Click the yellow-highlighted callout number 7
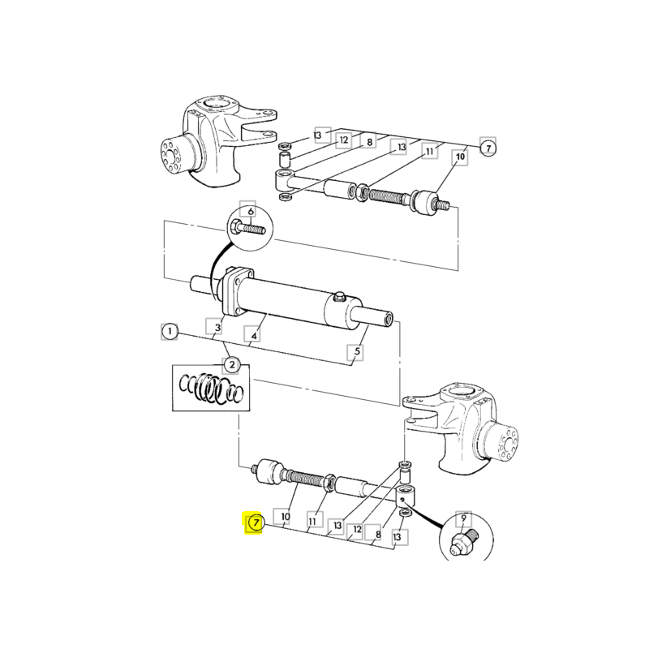tap(256, 522)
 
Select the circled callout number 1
tap(170, 332)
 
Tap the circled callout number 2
tap(232, 364)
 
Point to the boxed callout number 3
tap(217, 327)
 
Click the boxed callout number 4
tap(254, 335)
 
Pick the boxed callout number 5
tap(357, 352)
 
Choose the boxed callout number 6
tap(250, 211)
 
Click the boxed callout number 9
tap(463, 518)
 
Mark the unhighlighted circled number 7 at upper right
tap(488, 148)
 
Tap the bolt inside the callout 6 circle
tap(247, 228)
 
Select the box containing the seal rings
tap(211, 388)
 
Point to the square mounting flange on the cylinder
tap(238, 291)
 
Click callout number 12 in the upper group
tap(344, 140)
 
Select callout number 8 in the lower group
tap(377, 535)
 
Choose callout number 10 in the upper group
tap(460, 157)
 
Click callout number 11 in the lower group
tap(312, 520)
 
